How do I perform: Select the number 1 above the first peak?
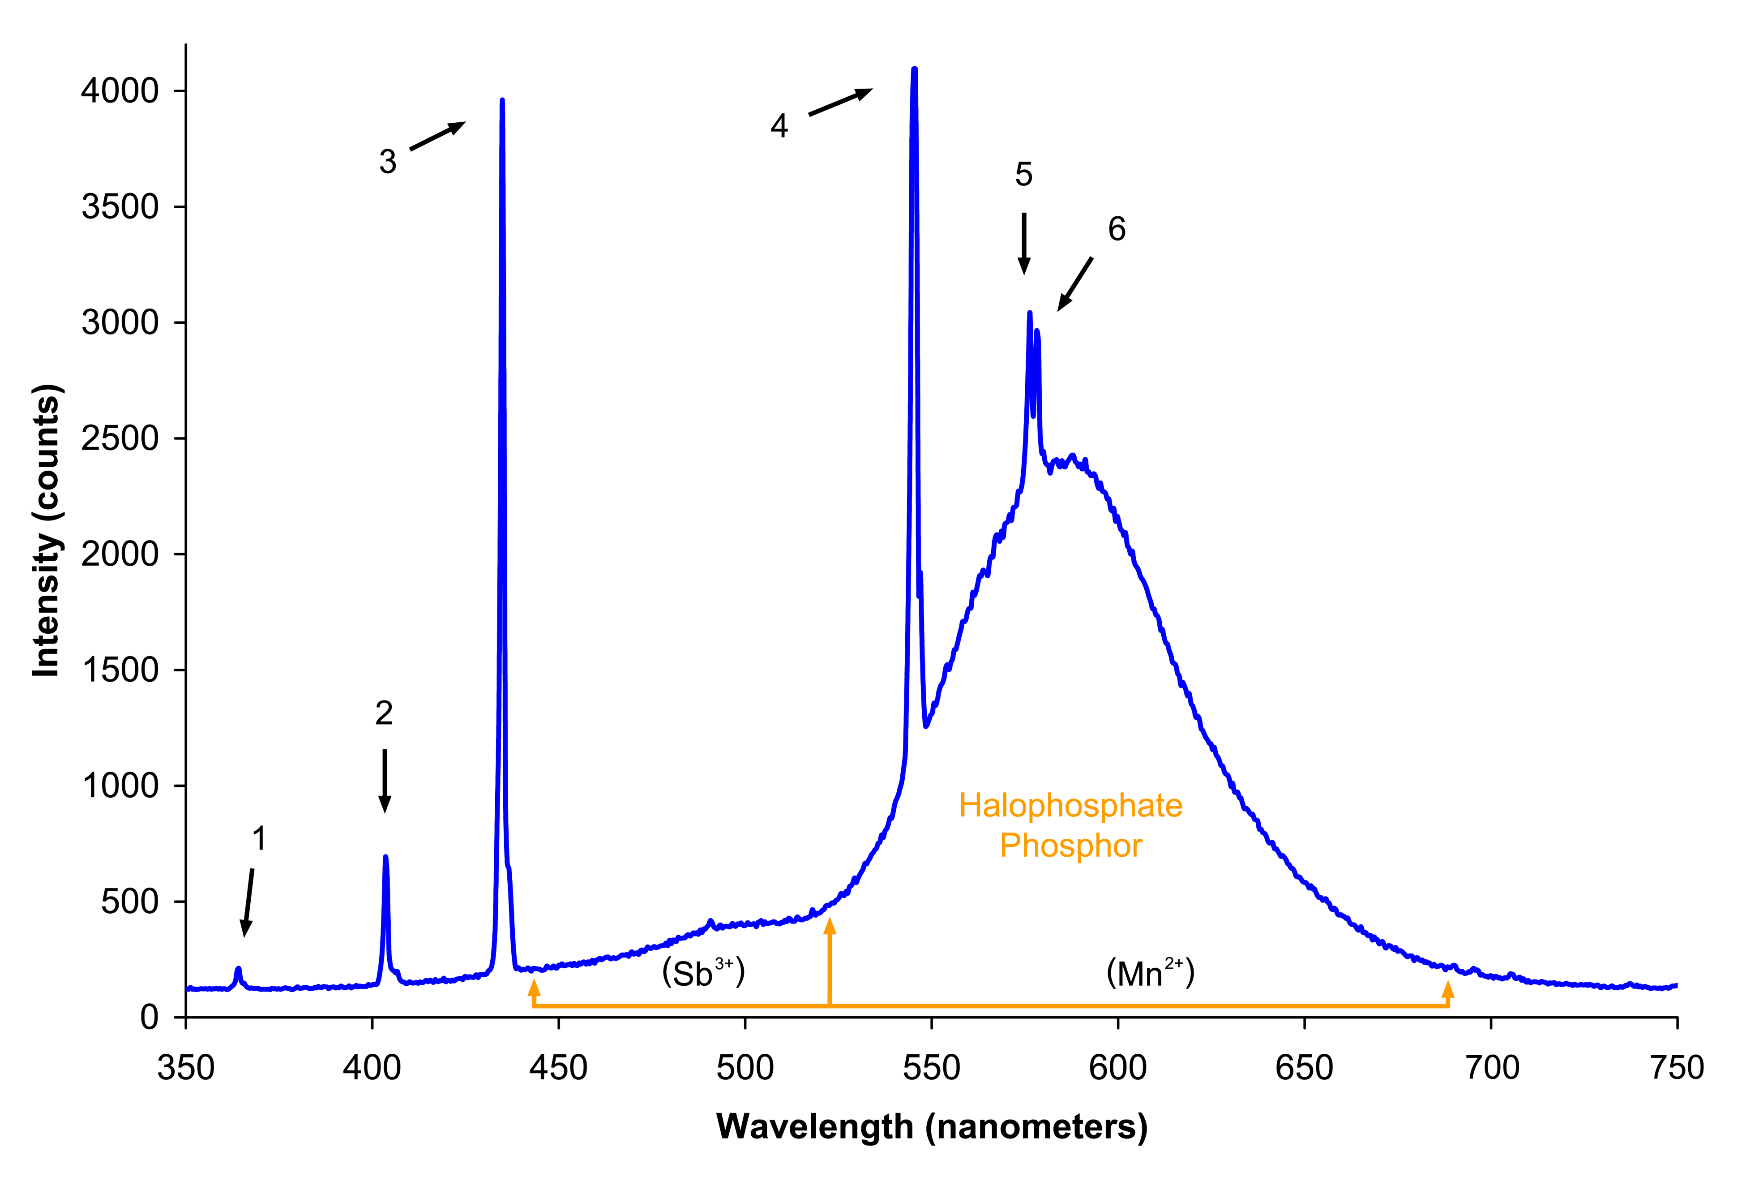point(259,838)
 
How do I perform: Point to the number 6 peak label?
point(1117,229)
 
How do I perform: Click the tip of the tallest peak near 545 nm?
point(914,70)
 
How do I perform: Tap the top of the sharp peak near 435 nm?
point(502,101)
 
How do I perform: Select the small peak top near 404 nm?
point(385,857)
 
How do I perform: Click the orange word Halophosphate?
point(1071,806)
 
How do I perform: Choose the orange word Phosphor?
point(1071,846)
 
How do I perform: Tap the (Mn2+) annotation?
point(1150,973)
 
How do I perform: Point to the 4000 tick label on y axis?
point(120,91)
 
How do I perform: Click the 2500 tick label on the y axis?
point(120,438)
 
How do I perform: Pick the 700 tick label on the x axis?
point(1491,1067)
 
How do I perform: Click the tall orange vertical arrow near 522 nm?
point(829,961)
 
